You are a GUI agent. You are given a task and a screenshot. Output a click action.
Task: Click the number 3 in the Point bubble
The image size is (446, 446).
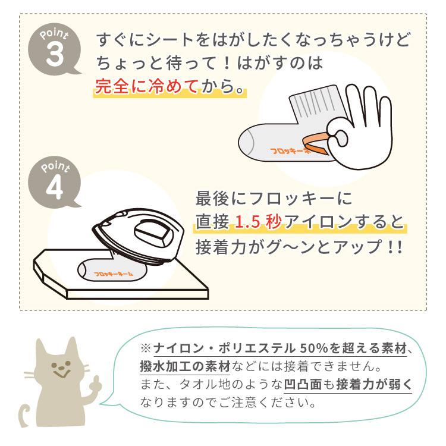point(54,54)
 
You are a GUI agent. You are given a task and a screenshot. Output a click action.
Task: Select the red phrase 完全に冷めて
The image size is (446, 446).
point(146,86)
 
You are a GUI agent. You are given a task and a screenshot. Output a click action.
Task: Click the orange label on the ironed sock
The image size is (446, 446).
point(113,274)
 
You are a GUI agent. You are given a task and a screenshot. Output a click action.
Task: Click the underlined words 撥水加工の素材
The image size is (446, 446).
point(185,366)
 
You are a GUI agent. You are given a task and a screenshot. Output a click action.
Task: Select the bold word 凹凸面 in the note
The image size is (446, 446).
point(303,384)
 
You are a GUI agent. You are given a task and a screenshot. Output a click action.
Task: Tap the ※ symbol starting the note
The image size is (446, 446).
point(145,348)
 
